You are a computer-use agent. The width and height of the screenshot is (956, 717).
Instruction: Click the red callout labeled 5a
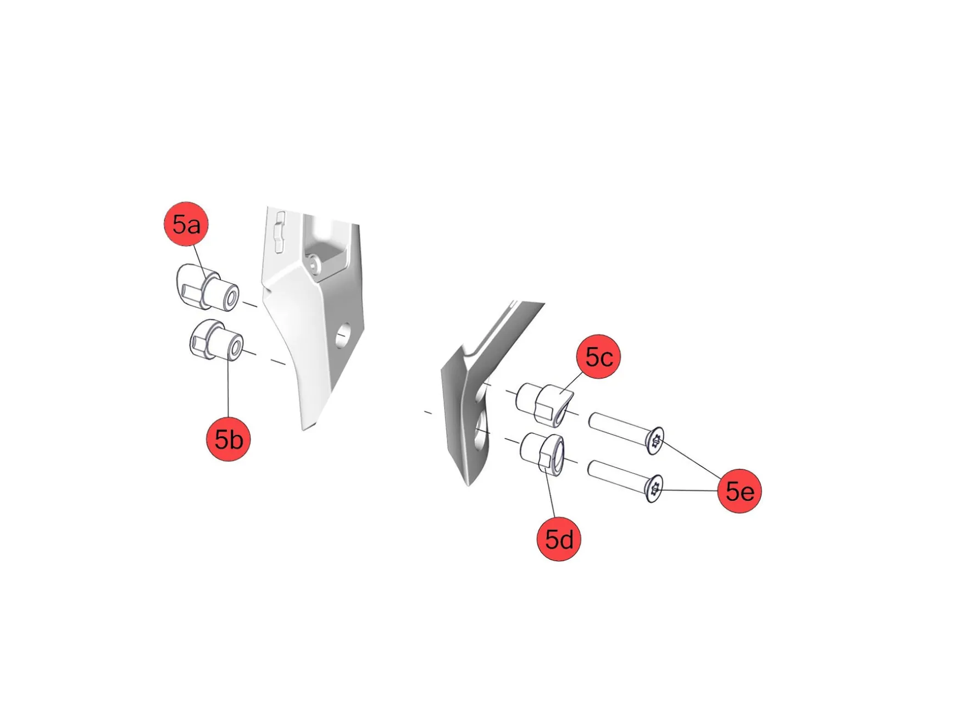tap(186, 224)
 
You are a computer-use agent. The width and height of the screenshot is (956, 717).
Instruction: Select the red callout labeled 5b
tap(228, 439)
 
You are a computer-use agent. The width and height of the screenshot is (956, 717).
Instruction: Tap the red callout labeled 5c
tap(598, 357)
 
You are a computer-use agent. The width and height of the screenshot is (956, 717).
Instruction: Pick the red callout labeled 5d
tap(558, 539)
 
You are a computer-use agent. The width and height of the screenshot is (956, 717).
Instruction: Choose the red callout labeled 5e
tap(739, 491)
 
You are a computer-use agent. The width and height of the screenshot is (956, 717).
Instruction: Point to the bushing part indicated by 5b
tap(216, 341)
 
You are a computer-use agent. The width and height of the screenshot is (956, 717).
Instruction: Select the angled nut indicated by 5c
tap(544, 404)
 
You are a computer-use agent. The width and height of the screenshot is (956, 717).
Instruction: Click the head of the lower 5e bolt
tap(653, 488)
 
